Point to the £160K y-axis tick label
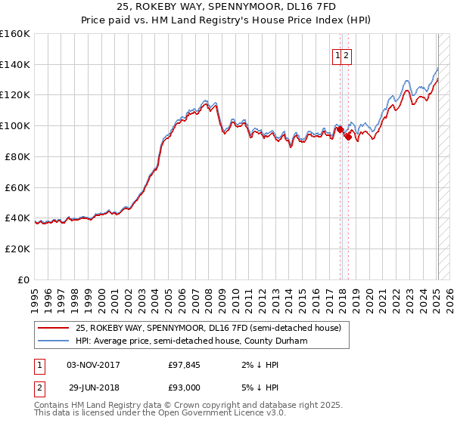(x=15, y=34)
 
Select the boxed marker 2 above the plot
(x=346, y=55)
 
